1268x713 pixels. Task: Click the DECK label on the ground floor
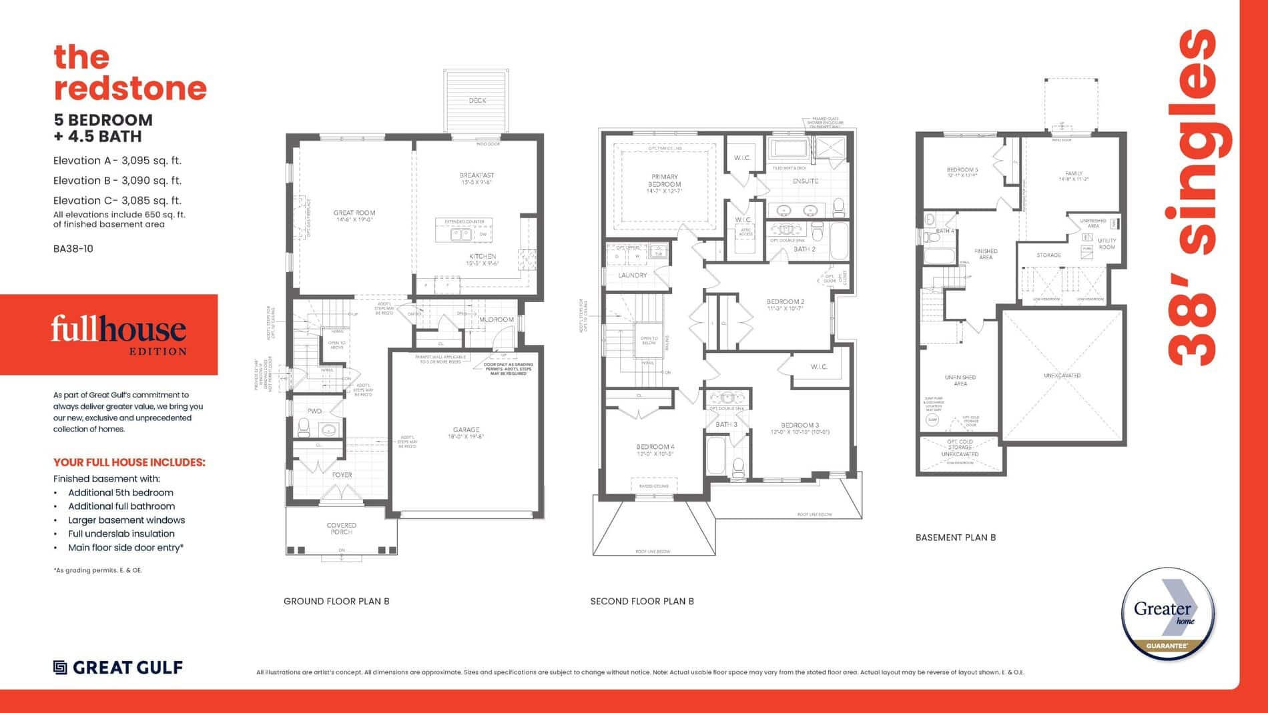pos(477,101)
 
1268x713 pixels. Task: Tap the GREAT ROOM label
pos(354,213)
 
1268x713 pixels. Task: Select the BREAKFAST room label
pos(477,175)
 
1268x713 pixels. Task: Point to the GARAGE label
pos(466,430)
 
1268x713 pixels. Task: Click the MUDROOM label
pos(497,319)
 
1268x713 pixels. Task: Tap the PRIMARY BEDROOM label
pos(664,181)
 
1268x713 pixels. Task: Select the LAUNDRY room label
pos(632,275)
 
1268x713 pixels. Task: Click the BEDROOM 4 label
pos(655,447)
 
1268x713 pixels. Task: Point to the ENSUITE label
pos(805,181)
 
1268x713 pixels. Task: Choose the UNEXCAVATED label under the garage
pos(1062,376)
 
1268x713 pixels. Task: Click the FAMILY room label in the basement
pos(1073,173)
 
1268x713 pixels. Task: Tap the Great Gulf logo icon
pos(60,668)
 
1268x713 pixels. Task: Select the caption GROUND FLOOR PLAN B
pos(336,601)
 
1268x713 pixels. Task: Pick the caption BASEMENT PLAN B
pos(955,538)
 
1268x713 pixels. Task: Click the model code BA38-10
pos(73,249)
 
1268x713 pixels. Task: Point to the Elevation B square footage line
pos(117,180)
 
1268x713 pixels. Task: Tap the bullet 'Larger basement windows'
pos(126,520)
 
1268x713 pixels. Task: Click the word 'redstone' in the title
pos(130,89)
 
